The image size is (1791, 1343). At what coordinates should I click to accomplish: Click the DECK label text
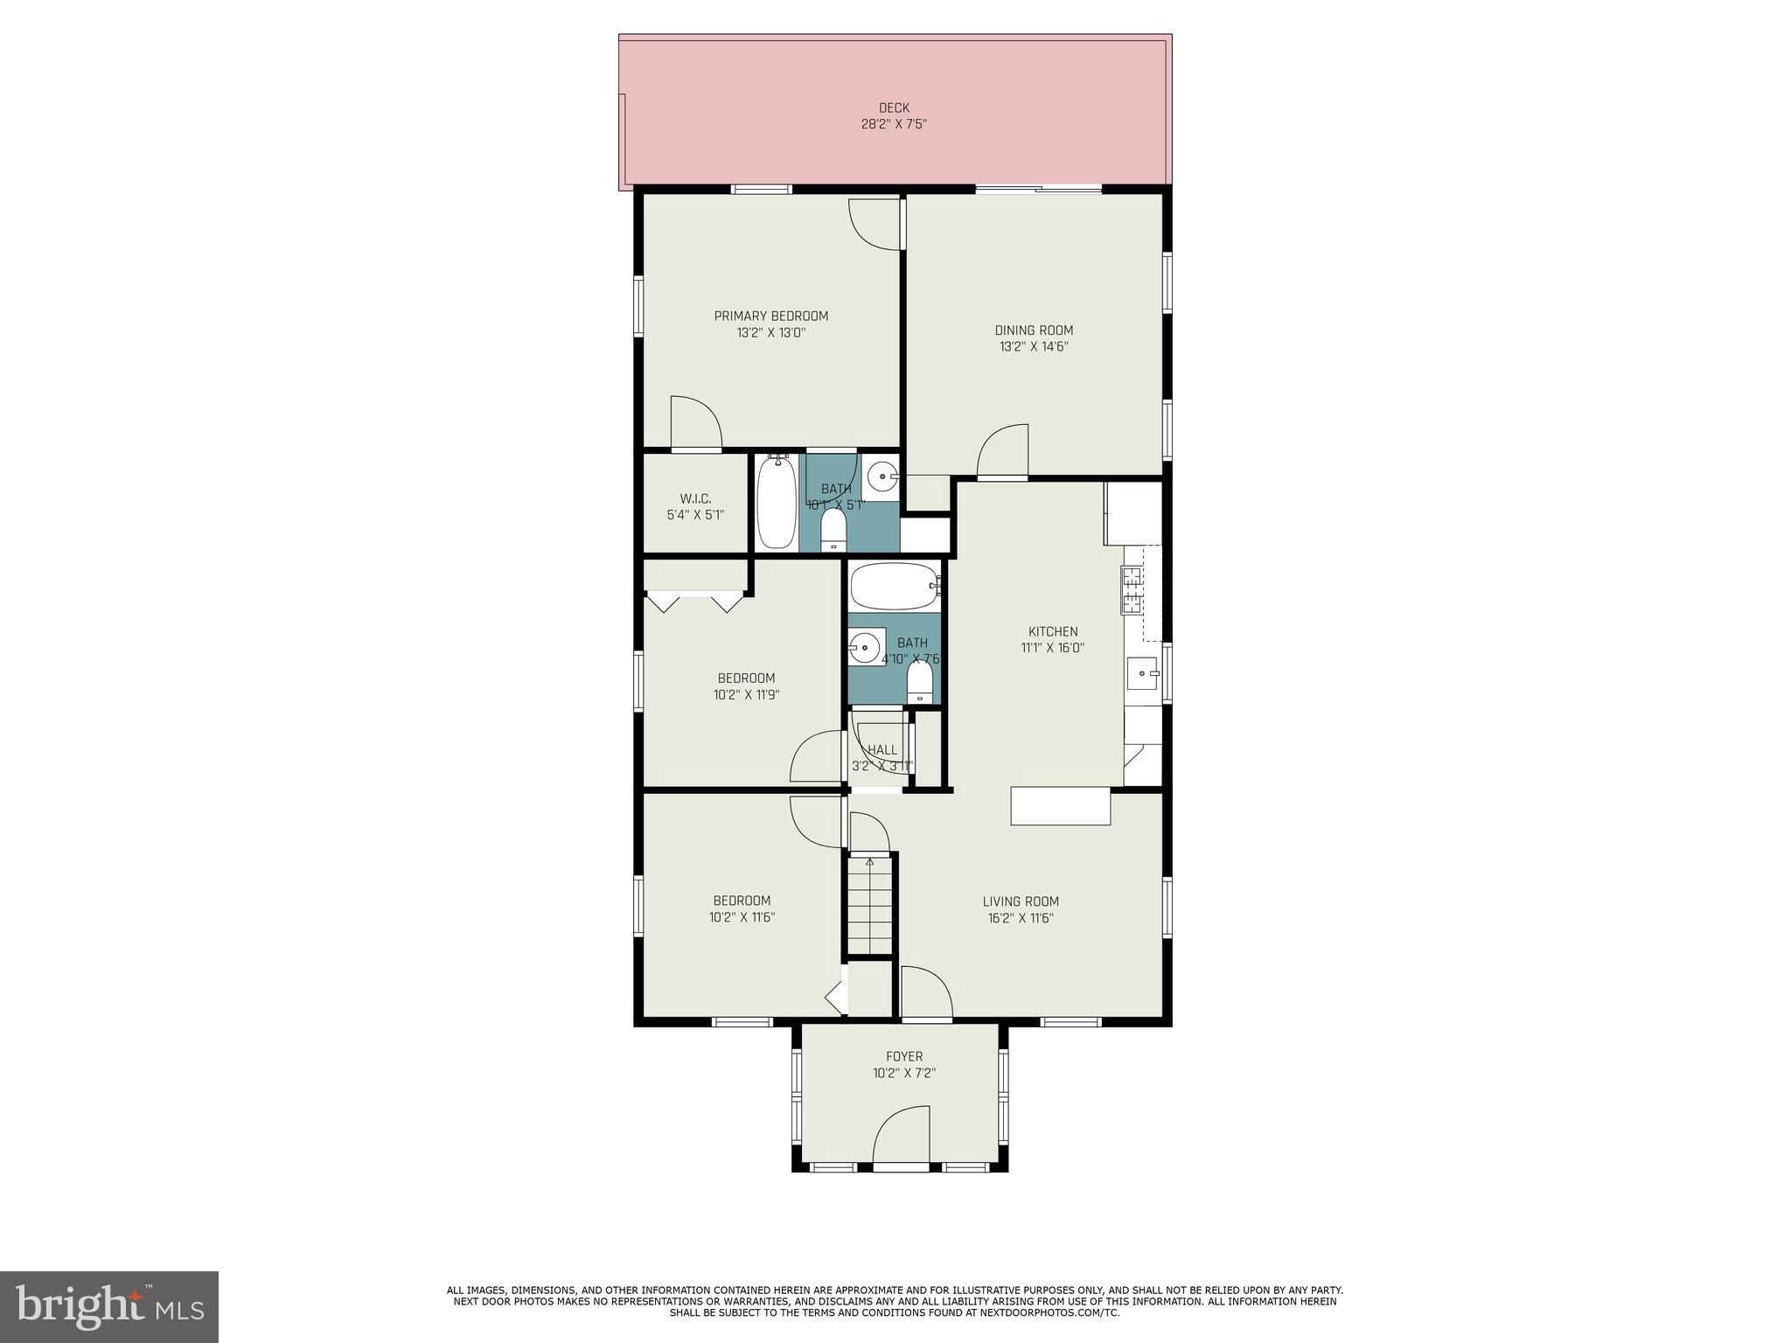[894, 108]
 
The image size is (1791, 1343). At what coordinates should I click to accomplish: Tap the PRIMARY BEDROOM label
[770, 317]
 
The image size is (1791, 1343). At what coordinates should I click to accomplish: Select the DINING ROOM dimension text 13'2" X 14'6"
[1034, 346]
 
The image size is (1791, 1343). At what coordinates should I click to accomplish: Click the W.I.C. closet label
[695, 498]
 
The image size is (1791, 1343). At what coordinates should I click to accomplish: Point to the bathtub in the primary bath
[776, 503]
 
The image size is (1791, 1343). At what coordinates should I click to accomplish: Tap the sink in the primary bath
[882, 477]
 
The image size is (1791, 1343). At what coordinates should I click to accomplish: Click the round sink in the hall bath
[865, 648]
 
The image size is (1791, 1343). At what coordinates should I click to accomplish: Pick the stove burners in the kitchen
[1132, 589]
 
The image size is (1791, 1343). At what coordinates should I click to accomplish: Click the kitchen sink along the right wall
[1141, 673]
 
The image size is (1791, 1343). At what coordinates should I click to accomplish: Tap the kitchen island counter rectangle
[1060, 806]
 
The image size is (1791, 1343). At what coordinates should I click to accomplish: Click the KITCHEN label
[1052, 631]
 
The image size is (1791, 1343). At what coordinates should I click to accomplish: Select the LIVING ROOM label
[1020, 901]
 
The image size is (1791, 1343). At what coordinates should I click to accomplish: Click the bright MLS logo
[109, 1306]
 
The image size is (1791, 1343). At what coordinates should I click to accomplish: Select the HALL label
[882, 750]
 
